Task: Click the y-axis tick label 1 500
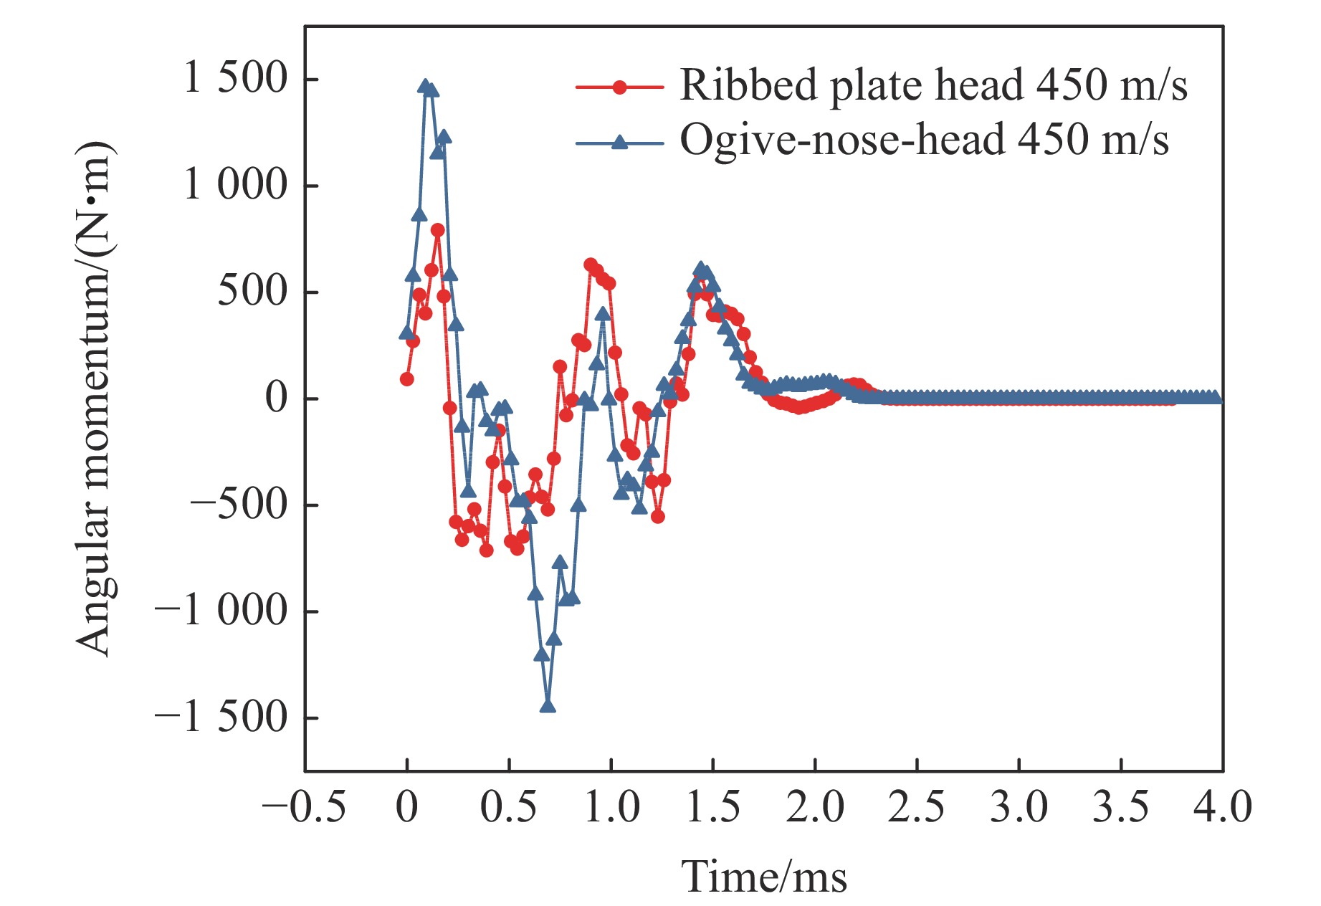tap(235, 78)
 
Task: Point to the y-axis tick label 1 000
tap(235, 185)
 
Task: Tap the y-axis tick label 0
tap(276, 398)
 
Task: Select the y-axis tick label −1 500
tap(221, 717)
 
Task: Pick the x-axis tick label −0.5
tap(304, 807)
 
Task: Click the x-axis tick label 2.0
tap(815, 807)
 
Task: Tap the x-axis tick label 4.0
tap(1222, 807)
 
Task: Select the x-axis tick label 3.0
tap(1019, 807)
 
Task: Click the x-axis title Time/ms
tap(763, 877)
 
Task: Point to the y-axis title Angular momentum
tap(95, 398)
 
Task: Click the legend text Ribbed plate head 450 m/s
tap(933, 85)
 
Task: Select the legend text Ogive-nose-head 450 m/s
tap(924, 140)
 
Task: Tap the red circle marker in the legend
tap(620, 87)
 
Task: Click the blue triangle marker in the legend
tap(620, 142)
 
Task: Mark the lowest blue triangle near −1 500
tap(548, 706)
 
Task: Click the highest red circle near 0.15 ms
tap(438, 230)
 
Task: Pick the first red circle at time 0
tap(407, 379)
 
